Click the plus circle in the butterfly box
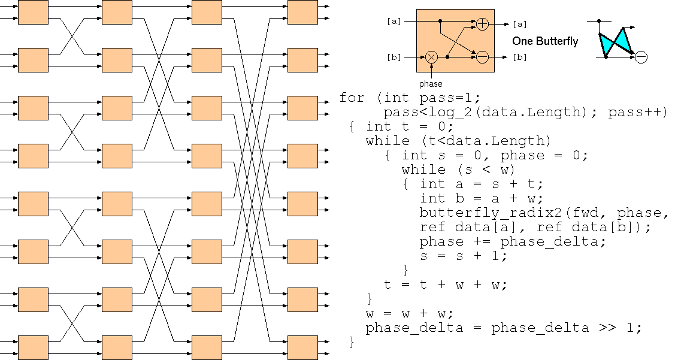[483, 24]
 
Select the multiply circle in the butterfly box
[431, 58]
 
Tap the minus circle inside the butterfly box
[483, 58]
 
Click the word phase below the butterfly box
[431, 84]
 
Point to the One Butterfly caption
[545, 41]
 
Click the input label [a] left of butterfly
[394, 22]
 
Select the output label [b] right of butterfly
[520, 58]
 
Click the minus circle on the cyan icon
[641, 58]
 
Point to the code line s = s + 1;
[464, 256]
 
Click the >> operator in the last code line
[605, 328]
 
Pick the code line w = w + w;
[410, 314]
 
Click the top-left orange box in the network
[33, 12]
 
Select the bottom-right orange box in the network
[303, 347]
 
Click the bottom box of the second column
[117, 347]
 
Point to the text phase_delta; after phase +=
[553, 242]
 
